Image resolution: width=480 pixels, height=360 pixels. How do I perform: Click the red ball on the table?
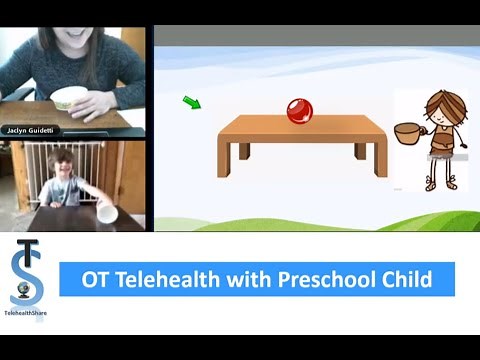point(299,111)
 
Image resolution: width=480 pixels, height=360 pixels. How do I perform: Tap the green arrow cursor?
point(192,102)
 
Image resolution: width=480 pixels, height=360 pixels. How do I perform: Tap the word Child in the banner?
point(409,279)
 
